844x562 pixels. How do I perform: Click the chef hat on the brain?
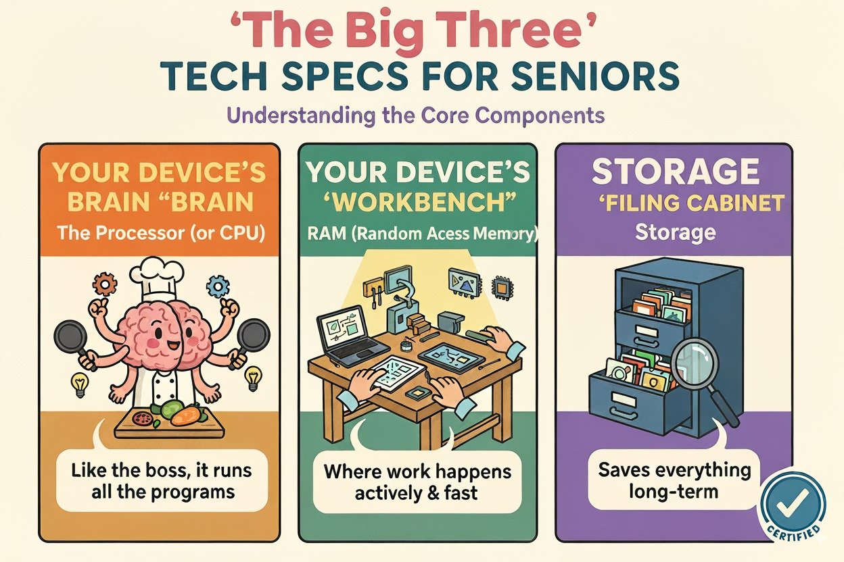coord(156,279)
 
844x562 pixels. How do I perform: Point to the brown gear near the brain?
coord(104,284)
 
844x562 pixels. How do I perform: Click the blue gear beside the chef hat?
coord(218,287)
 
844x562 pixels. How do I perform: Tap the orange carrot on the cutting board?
coord(185,415)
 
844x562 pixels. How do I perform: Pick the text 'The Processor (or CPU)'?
coord(161,234)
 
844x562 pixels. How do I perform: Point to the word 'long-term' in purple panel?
coord(674,492)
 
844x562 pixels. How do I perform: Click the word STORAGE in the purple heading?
coord(675,172)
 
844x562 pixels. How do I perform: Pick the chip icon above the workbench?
coord(502,288)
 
